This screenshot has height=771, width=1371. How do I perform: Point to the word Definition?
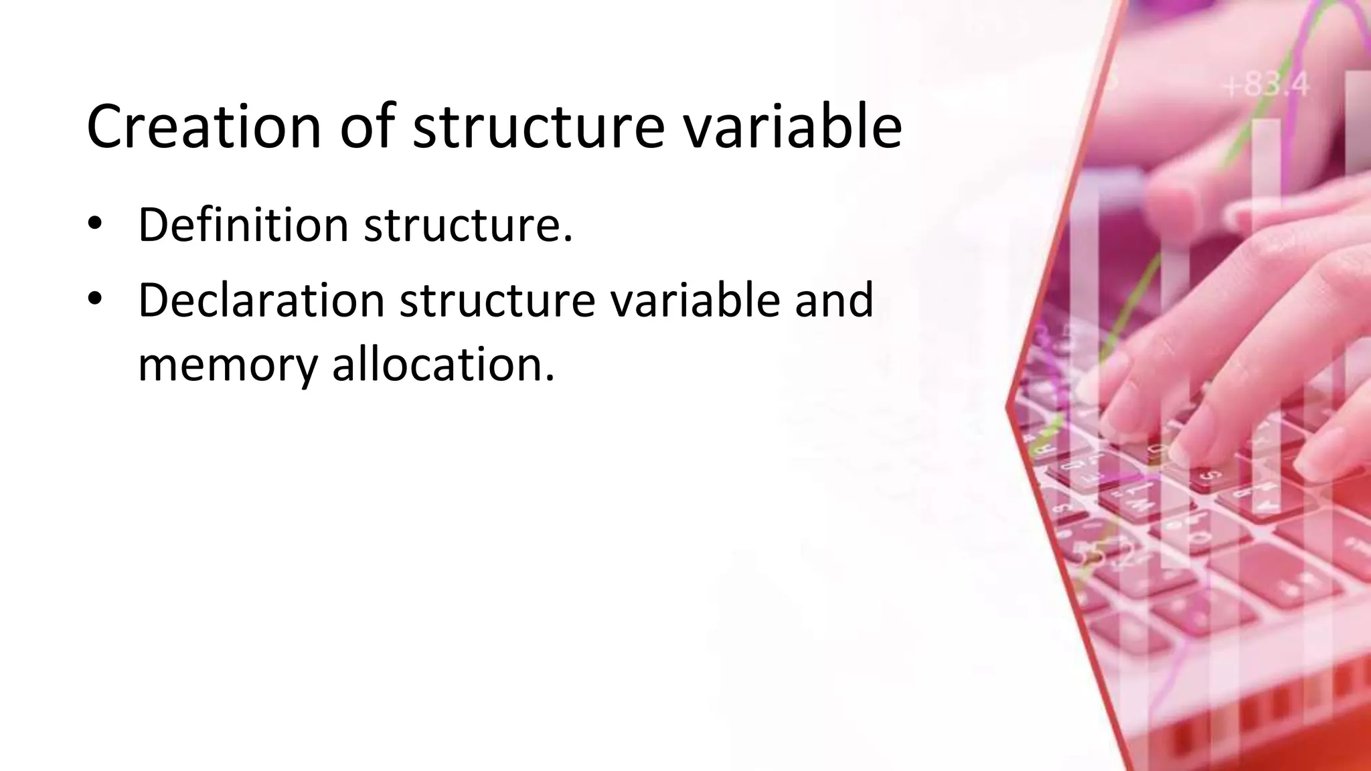point(243,225)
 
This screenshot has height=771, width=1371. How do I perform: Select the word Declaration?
point(261,300)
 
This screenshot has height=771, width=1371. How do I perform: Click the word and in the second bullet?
point(834,300)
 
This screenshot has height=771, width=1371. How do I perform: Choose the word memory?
point(228,365)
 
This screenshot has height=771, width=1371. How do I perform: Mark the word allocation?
point(438,365)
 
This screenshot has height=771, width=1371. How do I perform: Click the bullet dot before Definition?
point(94,224)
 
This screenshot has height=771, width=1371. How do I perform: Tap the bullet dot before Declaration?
point(94,299)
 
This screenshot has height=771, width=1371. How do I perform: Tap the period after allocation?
point(550,378)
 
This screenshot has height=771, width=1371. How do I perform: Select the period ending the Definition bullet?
point(568,239)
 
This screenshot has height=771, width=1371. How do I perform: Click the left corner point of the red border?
point(1008,406)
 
